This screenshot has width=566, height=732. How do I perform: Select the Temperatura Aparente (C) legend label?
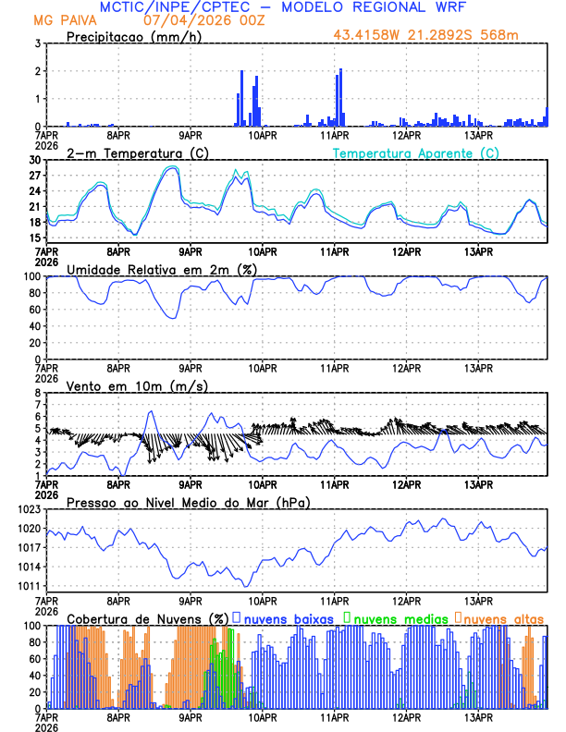tap(416, 152)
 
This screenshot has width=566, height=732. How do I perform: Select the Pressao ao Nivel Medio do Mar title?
tap(187, 502)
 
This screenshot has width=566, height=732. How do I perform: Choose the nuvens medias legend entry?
tap(397, 617)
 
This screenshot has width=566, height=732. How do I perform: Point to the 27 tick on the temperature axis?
tap(35, 176)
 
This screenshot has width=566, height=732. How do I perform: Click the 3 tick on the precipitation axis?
tap(37, 43)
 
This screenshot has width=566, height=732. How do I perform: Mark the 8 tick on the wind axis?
tap(37, 393)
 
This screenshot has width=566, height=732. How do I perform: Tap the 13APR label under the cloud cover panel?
tap(478, 716)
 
